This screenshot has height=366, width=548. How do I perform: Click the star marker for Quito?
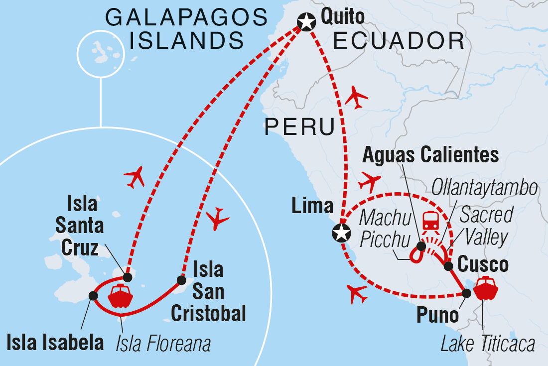(306, 22)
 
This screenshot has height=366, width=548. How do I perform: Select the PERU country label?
(299, 127)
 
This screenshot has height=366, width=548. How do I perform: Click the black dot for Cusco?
(448, 265)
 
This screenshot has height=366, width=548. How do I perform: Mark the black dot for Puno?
(466, 293)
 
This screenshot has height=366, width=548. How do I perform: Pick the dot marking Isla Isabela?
(93, 296)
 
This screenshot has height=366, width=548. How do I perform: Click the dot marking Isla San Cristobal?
(181, 280)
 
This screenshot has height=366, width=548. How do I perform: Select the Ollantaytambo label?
(485, 189)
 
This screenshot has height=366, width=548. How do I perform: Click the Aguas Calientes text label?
(430, 155)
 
